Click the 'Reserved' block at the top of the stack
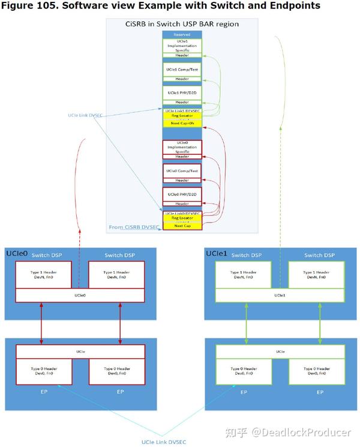[182, 35]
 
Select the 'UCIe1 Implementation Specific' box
[182, 46]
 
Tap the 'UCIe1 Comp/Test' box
[182, 70]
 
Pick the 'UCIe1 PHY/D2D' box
[182, 92]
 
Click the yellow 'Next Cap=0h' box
[182, 122]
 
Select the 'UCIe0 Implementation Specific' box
[182, 147]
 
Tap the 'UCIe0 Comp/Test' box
[182, 170]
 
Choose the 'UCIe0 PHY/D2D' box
[182, 194]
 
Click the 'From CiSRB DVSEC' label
[134, 227]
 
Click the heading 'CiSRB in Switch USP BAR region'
[182, 23]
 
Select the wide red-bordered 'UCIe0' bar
[80, 295]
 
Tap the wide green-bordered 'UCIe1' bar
[280, 295]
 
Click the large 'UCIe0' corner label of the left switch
[17, 254]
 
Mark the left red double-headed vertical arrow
[41, 323]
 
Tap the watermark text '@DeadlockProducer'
[300, 432]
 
